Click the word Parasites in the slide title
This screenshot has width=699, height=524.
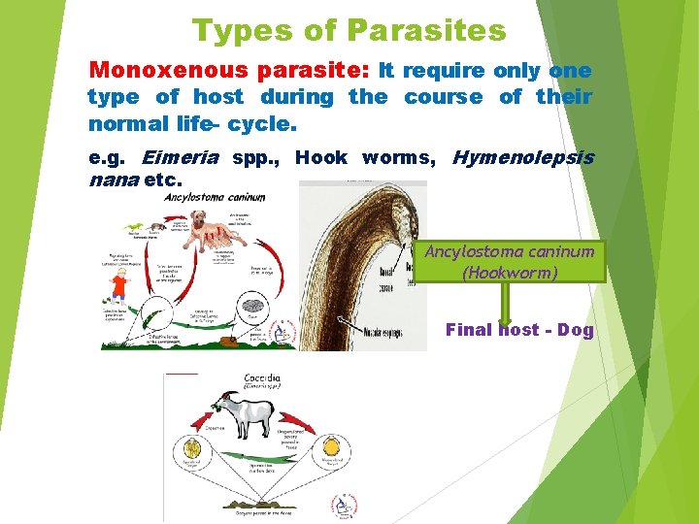tap(426, 31)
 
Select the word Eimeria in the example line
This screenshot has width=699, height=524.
tap(181, 158)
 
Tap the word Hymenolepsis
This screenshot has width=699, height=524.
tap(523, 158)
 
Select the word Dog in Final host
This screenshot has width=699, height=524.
tap(575, 330)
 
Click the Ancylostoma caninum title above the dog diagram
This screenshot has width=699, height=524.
tap(215, 197)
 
